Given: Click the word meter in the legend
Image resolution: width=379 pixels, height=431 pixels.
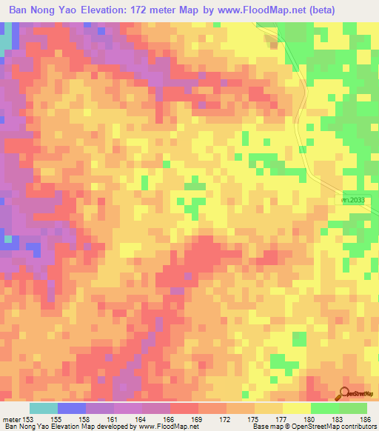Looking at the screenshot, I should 12,419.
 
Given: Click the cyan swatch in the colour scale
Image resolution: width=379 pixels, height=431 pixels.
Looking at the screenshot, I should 44,408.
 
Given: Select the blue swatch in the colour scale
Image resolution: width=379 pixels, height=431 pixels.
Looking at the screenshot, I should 72,408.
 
